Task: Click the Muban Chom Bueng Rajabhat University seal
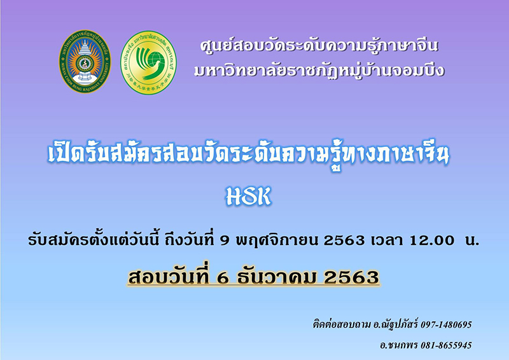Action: [x=85, y=62]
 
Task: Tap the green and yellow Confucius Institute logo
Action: [x=149, y=62]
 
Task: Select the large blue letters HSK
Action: [x=248, y=197]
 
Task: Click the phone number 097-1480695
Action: [x=446, y=324]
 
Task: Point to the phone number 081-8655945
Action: [x=446, y=345]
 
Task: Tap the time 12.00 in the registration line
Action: [x=432, y=240]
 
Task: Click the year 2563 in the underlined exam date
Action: [x=351, y=278]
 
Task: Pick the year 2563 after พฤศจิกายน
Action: [x=344, y=240]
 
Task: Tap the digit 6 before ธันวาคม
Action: [x=222, y=278]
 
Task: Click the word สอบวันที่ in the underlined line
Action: [x=168, y=277]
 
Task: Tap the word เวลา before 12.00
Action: [x=387, y=240]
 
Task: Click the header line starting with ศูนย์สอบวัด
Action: [x=319, y=46]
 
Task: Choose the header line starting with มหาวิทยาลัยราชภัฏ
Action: [x=319, y=71]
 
